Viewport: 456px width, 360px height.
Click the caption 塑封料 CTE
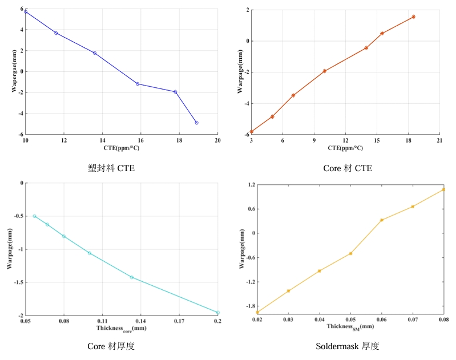(x=111, y=168)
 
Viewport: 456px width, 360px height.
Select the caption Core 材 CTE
(x=348, y=168)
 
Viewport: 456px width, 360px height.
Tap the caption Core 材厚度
(x=111, y=346)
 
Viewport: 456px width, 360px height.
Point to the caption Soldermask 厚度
(x=348, y=346)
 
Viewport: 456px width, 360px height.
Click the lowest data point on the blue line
(x=196, y=123)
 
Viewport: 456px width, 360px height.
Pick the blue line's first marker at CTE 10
(x=26, y=12)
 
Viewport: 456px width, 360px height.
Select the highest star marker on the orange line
(x=413, y=17)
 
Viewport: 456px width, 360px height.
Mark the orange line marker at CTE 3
(x=251, y=132)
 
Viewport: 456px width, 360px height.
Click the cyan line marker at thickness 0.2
(x=217, y=313)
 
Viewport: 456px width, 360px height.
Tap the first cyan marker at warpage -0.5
(x=34, y=216)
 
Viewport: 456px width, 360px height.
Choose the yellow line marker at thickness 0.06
(x=382, y=220)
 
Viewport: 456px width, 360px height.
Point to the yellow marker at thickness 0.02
(x=257, y=312)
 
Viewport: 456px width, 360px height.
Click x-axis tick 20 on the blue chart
(x=217, y=141)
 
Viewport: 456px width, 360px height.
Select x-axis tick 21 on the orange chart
(x=439, y=141)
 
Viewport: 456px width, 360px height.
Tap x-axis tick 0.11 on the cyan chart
(x=102, y=321)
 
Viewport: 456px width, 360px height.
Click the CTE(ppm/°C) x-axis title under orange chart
(x=345, y=148)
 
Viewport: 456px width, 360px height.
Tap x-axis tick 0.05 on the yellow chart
(x=350, y=321)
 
